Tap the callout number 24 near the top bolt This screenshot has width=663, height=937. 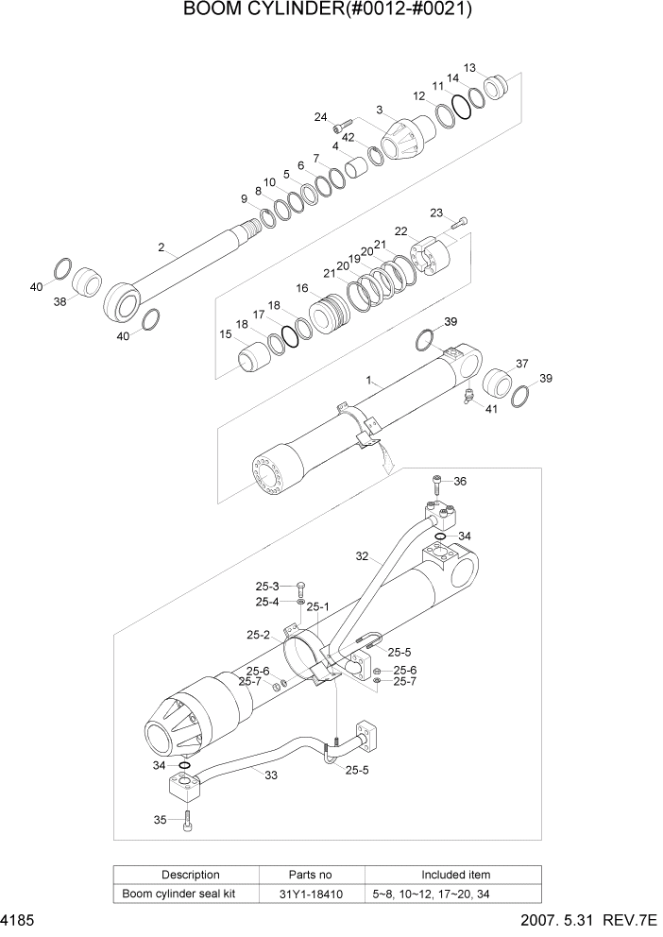coord(321,117)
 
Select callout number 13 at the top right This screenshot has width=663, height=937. coord(470,68)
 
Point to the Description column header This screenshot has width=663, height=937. coord(190,875)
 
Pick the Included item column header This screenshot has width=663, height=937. coord(455,875)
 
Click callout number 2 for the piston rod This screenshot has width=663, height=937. coord(161,247)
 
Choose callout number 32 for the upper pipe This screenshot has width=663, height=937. coord(362,556)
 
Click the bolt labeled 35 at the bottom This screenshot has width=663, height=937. coord(188,820)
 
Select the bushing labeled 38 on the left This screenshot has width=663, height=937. coord(89,281)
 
